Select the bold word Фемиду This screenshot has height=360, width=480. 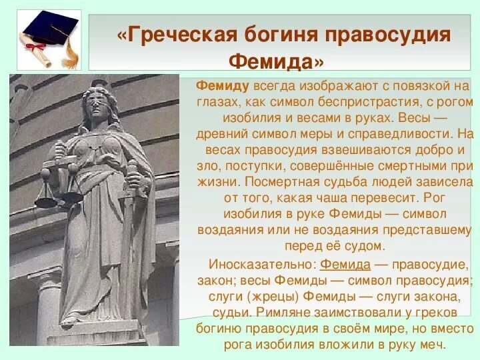pos(223,86)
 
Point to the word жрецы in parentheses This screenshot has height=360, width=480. pos(273,296)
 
